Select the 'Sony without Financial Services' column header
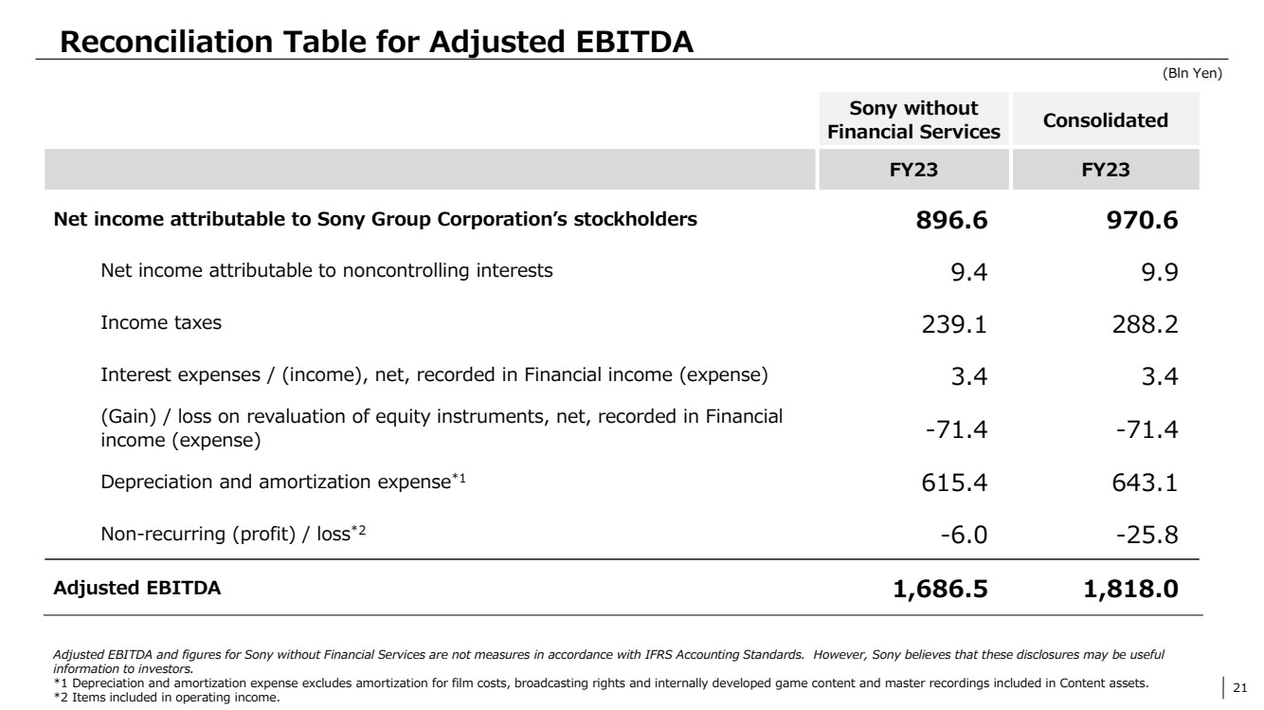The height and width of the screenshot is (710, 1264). point(913,120)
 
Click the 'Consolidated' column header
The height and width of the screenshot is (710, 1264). point(1105,120)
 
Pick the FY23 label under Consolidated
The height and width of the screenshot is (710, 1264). point(1105,172)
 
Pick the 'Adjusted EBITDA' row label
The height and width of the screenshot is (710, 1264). point(137,589)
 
